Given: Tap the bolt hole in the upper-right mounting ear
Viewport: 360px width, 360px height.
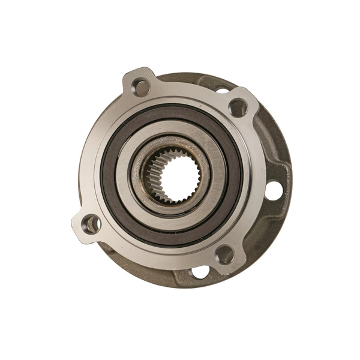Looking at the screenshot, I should [x=238, y=108].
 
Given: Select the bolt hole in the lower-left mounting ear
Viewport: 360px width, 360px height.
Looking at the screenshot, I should [x=92, y=224].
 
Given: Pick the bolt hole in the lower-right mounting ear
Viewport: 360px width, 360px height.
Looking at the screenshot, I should [x=224, y=254].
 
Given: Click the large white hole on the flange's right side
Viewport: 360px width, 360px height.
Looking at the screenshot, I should [x=273, y=191].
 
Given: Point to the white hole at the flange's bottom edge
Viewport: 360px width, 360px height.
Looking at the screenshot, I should [x=200, y=273].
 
